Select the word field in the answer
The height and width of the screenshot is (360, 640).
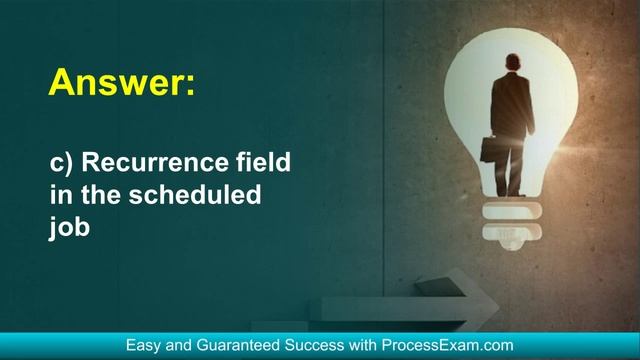tap(265, 162)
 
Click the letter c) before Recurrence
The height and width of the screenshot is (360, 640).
tap(59, 162)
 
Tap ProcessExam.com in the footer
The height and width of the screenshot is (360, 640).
tap(448, 345)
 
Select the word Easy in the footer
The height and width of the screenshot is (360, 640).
tap(144, 345)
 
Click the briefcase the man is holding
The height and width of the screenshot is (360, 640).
tap(492, 149)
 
